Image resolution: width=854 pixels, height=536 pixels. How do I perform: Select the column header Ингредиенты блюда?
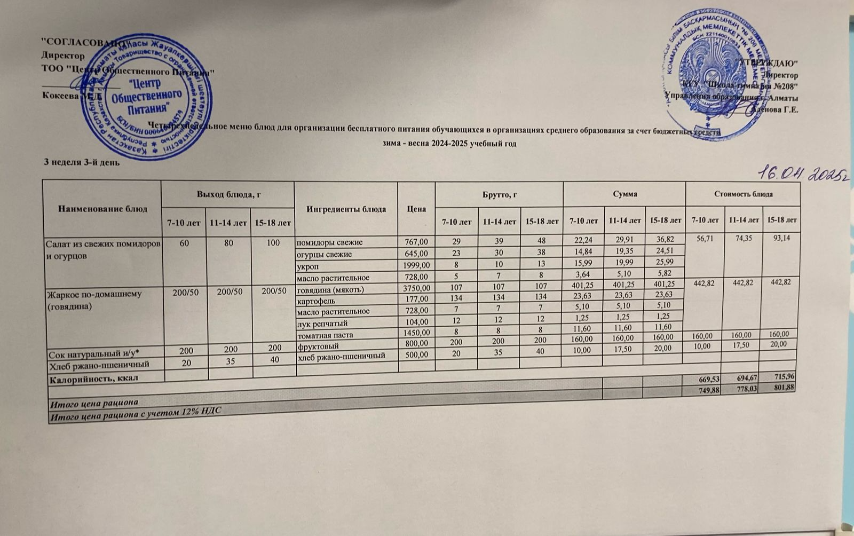tap(346, 209)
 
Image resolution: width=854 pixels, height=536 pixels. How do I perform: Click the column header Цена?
tap(416, 209)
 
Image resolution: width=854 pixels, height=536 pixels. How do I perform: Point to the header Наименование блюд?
tap(102, 209)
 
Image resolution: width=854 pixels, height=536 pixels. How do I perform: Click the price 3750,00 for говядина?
tap(416, 289)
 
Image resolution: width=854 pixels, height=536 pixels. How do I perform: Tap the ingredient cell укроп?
tap(306, 265)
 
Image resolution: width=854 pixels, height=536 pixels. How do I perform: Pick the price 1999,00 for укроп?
tap(416, 266)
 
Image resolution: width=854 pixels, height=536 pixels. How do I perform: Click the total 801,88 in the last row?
tap(784, 388)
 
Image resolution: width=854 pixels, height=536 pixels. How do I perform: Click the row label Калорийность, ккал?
tap(94, 379)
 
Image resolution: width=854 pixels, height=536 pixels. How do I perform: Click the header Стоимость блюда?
tap(744, 193)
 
